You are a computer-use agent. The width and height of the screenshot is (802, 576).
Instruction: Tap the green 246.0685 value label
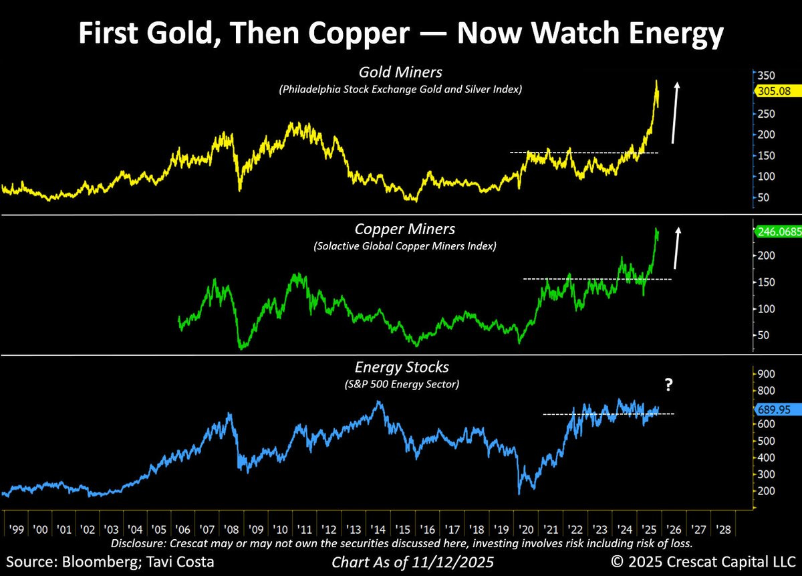click(777, 232)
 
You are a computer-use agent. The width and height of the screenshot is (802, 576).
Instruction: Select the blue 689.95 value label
click(774, 408)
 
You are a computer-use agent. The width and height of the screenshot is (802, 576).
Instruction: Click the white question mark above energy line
click(667, 385)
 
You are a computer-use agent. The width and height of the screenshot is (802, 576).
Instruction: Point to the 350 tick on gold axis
click(765, 75)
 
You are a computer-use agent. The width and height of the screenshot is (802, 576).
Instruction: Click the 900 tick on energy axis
click(765, 374)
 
